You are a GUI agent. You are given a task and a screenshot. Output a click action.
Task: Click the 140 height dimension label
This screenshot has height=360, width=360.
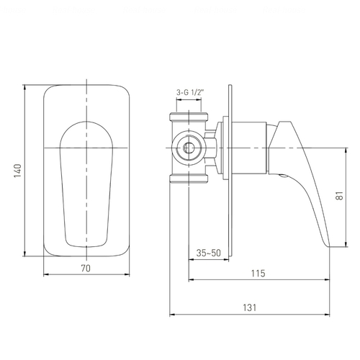click(x=18, y=171)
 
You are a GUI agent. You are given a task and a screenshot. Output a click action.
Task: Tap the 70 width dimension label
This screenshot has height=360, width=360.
click(x=86, y=269)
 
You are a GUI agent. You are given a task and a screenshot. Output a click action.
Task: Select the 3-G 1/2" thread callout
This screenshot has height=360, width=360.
click(x=190, y=92)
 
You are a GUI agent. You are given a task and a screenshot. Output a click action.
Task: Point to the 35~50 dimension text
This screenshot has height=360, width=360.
click(x=208, y=253)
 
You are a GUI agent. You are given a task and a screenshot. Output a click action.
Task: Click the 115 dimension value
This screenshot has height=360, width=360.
click(x=258, y=274)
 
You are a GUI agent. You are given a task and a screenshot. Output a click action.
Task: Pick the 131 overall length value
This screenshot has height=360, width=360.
click(x=250, y=307)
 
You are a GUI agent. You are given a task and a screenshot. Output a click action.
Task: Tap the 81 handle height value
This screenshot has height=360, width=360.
click(x=340, y=196)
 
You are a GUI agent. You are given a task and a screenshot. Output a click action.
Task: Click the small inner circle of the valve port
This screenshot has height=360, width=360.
click(x=189, y=148)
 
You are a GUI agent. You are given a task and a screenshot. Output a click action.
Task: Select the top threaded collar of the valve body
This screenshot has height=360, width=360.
click(x=189, y=117)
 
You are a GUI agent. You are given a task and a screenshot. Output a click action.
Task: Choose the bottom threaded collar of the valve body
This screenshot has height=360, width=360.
click(x=189, y=179)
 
